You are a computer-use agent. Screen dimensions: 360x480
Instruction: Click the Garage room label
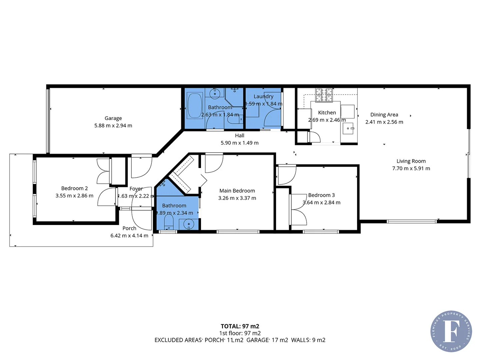coord(113,118)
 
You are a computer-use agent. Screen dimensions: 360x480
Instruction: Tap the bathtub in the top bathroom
coord(195,106)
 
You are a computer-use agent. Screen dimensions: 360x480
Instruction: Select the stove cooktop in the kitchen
coord(324,95)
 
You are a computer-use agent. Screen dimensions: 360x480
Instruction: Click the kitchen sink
coord(348,128)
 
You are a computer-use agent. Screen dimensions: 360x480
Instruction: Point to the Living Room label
coord(411,161)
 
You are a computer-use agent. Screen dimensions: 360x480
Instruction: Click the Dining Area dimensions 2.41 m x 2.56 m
coord(384,122)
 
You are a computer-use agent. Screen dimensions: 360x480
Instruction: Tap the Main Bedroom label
coord(237,191)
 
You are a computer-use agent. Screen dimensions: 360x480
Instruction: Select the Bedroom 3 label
coord(321,195)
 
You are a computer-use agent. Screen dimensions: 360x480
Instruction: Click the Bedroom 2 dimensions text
coord(74,196)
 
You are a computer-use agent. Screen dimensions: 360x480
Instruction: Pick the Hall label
coord(239,135)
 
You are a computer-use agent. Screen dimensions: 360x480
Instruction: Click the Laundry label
coord(263,96)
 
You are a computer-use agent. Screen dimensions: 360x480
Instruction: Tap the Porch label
coord(129,228)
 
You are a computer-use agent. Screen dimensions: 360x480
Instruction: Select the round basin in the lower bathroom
coord(189,224)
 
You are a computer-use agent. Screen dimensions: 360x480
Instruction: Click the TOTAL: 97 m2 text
coord(240,326)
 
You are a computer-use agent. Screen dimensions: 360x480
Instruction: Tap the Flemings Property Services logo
coord(451,331)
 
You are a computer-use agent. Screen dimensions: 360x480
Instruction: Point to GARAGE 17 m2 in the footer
coord(267,340)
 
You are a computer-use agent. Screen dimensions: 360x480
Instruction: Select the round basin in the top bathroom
coord(215,93)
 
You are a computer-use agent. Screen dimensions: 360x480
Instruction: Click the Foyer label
coord(136,189)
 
